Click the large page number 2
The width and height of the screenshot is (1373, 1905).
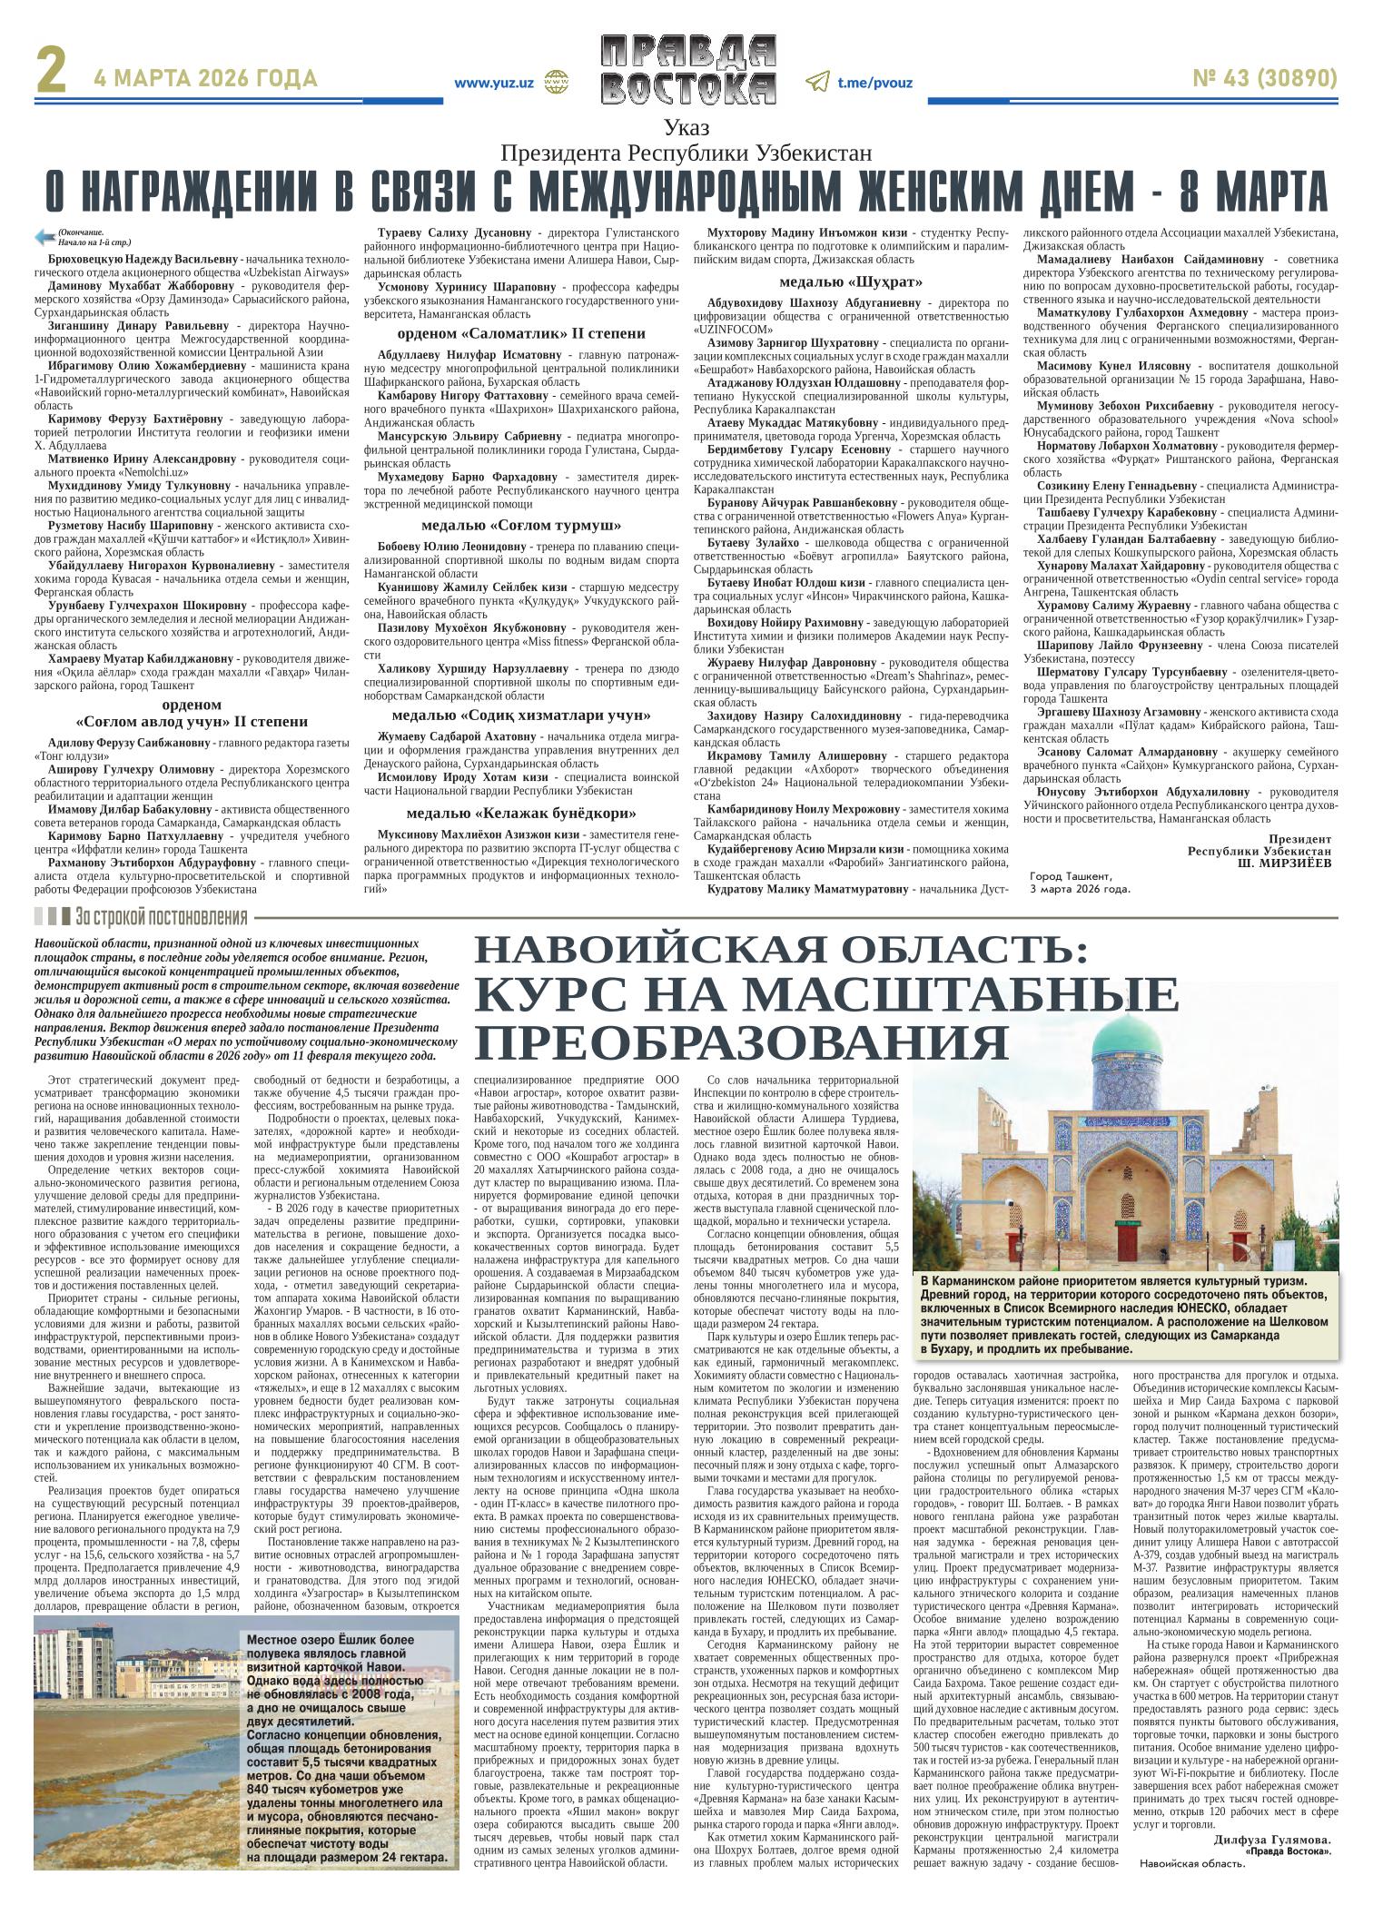[51, 75]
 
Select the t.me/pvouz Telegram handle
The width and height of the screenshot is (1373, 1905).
[874, 83]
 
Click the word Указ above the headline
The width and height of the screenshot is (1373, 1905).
[686, 128]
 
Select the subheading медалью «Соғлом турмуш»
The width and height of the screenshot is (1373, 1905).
[521, 525]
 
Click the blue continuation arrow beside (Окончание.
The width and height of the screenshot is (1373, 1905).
[44, 237]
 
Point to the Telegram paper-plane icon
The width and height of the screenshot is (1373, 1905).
[816, 83]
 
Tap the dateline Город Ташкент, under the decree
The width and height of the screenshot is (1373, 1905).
[1071, 876]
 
